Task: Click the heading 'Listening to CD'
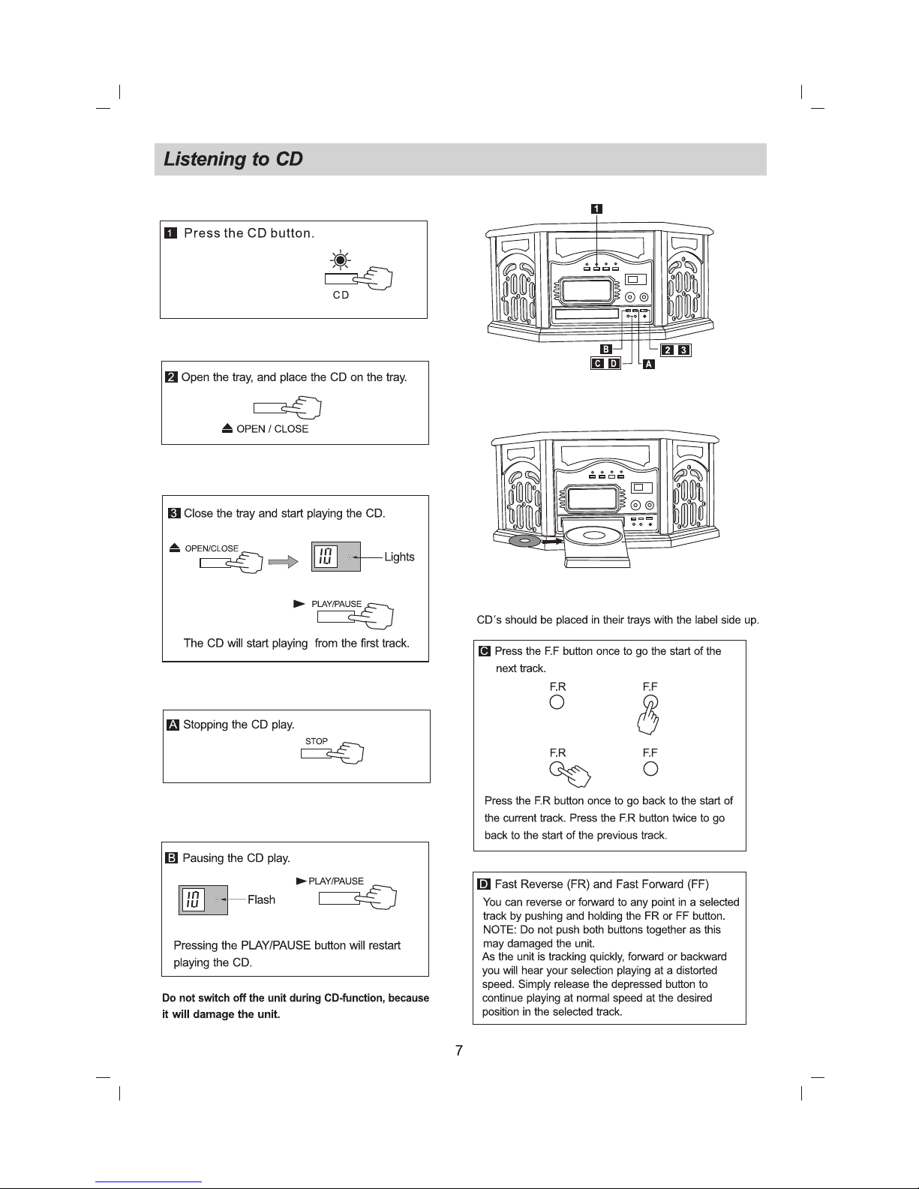pos(233,160)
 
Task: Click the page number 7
pos(459,1051)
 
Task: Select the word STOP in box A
pos(316,741)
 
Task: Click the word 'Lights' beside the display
pos(399,557)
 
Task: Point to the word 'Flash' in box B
pos(261,899)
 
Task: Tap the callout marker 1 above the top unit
pos(596,209)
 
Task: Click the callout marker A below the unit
pos(649,364)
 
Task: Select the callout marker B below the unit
pos(606,349)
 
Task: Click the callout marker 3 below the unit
pos(683,350)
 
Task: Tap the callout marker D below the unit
pos(614,364)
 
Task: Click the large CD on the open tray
pos(593,536)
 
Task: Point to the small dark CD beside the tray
pos(524,540)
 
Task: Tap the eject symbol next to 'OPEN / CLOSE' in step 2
pos(227,428)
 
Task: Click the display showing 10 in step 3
pos(326,557)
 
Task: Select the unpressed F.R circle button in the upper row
pos(557,703)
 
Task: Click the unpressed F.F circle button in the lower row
pos(650,768)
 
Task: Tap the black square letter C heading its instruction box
pos(485,650)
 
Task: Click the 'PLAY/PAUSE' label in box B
pos(336,881)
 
